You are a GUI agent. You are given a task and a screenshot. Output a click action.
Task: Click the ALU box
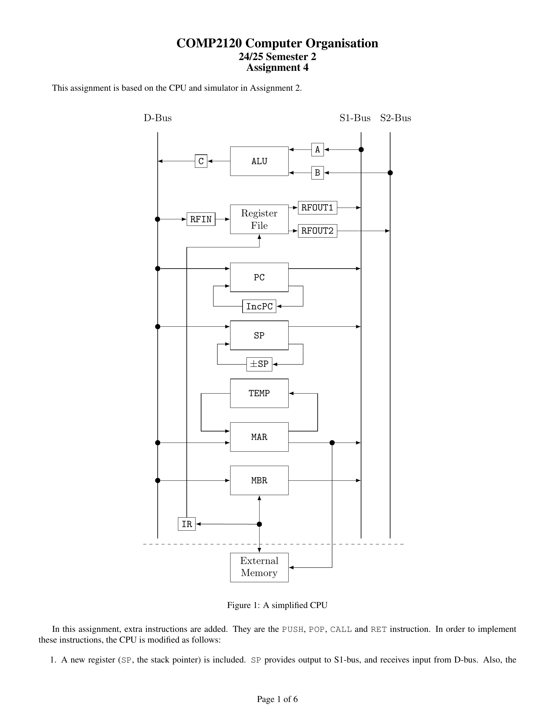pos(259,161)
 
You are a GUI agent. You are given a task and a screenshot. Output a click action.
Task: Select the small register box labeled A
pos(317,149)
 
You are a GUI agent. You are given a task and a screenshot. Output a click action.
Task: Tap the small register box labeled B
pos(317,173)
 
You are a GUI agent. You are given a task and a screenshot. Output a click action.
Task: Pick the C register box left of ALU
pos(201,161)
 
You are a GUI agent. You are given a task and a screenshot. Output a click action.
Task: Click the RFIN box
pos(201,219)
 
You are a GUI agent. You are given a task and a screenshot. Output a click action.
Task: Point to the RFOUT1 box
pos(317,208)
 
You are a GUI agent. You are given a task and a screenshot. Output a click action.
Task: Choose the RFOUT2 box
pos(317,231)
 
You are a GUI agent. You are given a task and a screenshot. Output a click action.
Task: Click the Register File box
pos(259,219)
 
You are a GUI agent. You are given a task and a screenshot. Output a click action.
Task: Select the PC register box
pos(259,277)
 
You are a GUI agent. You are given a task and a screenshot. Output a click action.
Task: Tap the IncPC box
pos(259,306)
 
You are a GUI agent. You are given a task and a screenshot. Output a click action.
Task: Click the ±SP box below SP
pos(259,364)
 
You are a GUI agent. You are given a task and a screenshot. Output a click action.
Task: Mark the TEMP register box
pos(259,393)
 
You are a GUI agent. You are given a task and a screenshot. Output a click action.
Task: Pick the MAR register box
pos(259,437)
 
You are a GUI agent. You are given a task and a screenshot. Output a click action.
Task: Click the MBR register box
pos(259,480)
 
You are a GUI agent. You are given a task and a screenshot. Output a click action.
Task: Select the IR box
pos(187,524)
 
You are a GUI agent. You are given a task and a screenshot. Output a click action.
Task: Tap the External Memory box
pos(259,568)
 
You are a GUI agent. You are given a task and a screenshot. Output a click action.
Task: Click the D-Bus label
pos(157,118)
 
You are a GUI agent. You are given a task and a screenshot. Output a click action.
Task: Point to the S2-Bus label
pos(396,118)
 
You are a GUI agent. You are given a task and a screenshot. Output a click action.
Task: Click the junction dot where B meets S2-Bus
pos(390,173)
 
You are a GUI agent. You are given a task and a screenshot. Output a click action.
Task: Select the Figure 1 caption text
pos(277,605)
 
